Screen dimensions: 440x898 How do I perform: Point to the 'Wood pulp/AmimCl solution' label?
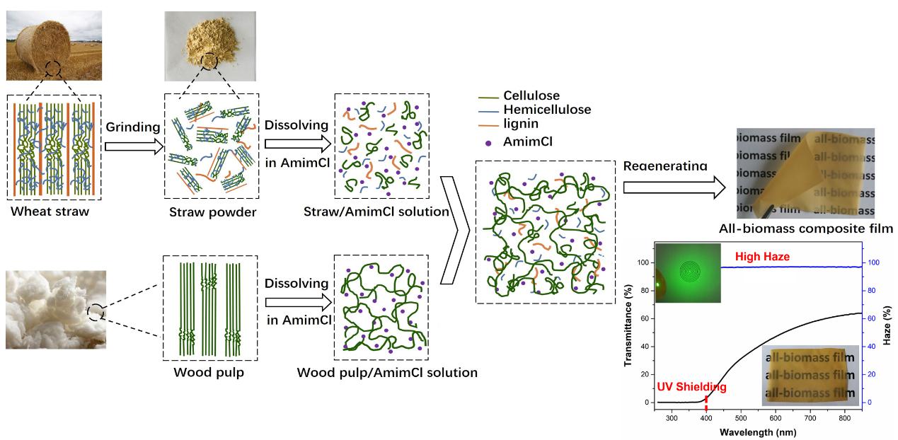pos(387,372)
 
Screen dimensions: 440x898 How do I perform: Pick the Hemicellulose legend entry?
pos(546,109)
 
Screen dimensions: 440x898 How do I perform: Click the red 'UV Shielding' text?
pos(691,387)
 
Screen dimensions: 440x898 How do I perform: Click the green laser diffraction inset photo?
pos(687,272)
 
